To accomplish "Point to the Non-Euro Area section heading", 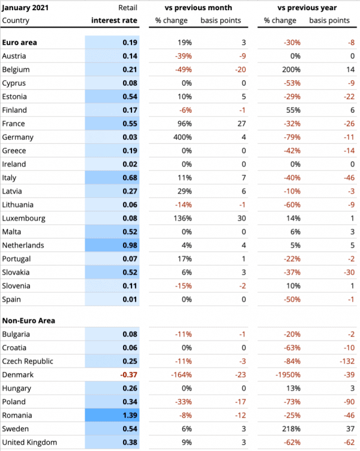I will (29, 320).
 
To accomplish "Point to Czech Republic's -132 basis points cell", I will (340, 361).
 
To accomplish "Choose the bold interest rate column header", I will (114, 20).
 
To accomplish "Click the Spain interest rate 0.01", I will (130, 299).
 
